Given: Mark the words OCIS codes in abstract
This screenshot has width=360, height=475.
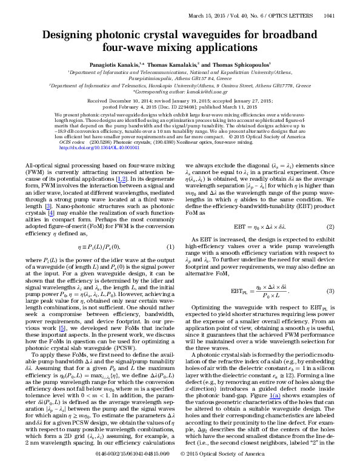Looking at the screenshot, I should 73,141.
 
